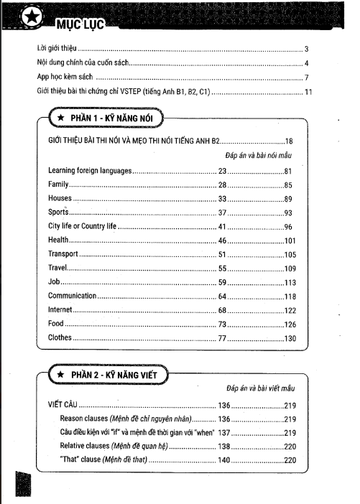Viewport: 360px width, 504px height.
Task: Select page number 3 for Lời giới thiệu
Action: tap(306, 50)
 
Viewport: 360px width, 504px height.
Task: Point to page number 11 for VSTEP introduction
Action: tap(308, 92)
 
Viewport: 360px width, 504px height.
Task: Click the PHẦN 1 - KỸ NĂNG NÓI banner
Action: tap(106, 117)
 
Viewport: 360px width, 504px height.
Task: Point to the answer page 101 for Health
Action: tap(289, 241)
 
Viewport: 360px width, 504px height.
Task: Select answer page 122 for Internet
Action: tap(289, 309)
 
